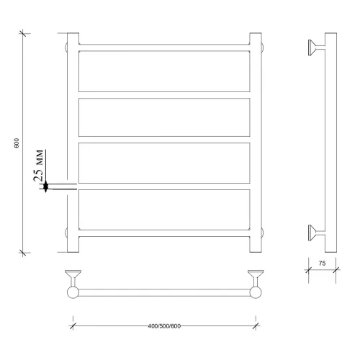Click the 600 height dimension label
point(17,143)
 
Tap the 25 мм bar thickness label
point(38,166)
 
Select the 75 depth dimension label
point(322,264)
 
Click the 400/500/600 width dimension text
point(164,326)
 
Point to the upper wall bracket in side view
point(317,48)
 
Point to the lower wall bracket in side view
point(317,233)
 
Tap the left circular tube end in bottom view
point(73,292)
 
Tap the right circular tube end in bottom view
point(256,292)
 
